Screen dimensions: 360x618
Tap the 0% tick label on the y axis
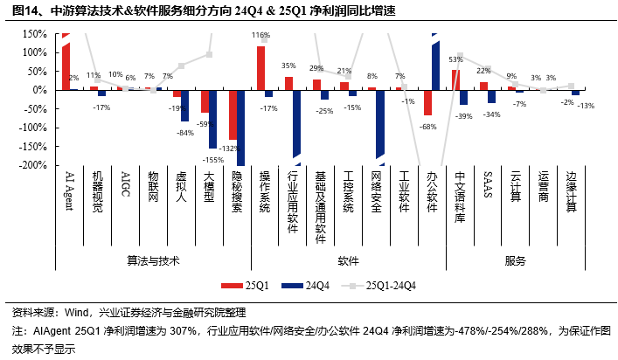click(38, 90)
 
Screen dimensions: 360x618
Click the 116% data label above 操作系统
click(260, 36)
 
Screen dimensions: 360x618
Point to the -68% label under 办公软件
click(429, 127)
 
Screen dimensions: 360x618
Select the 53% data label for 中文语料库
click(455, 59)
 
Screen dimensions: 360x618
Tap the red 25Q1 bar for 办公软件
click(428, 102)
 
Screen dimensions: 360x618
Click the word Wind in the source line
click(77, 312)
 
